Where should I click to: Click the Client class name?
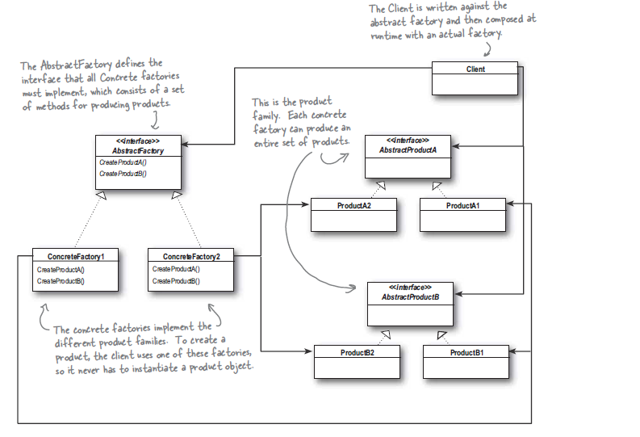click(475, 69)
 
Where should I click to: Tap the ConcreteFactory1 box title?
click(76, 255)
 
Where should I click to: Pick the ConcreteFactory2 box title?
click(191, 255)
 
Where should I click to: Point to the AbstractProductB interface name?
click(409, 296)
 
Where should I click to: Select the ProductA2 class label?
click(354, 205)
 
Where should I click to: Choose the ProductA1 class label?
click(462, 205)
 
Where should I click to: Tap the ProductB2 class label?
click(357, 352)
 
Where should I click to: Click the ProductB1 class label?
click(466, 352)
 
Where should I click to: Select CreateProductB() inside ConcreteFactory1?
click(61, 281)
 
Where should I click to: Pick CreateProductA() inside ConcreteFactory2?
click(176, 269)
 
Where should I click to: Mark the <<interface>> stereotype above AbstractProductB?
click(409, 287)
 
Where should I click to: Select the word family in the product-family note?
click(270, 115)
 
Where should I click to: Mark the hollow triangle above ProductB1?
click(442, 334)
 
